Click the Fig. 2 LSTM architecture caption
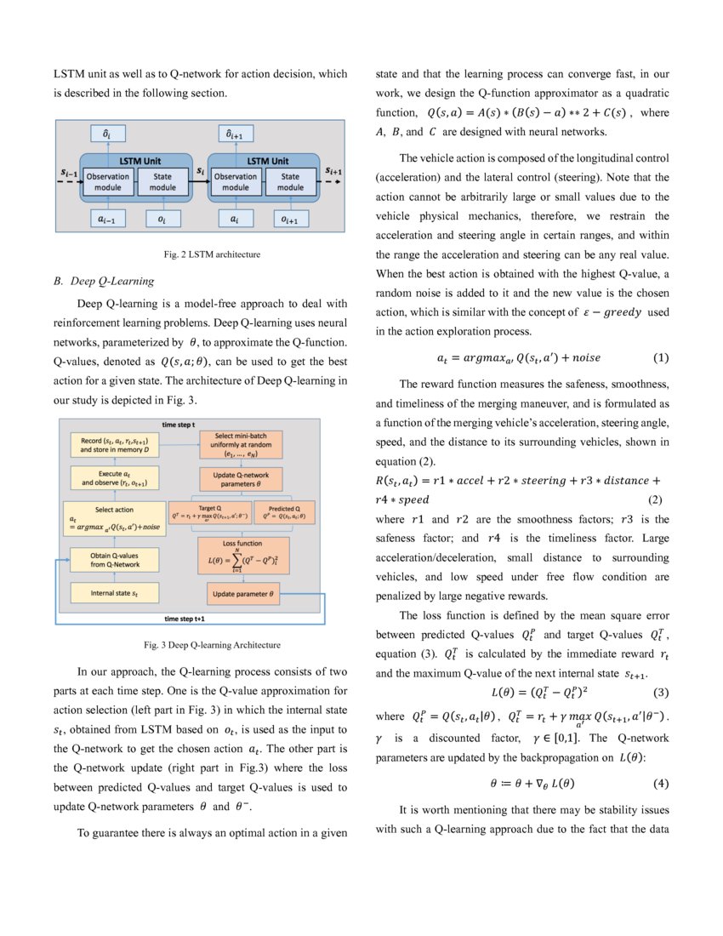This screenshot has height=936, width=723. pos(201,254)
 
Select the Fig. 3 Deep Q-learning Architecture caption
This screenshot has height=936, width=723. pos(201,644)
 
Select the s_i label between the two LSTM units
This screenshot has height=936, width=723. pos(201,172)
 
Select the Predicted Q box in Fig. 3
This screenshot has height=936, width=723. pos(272,512)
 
